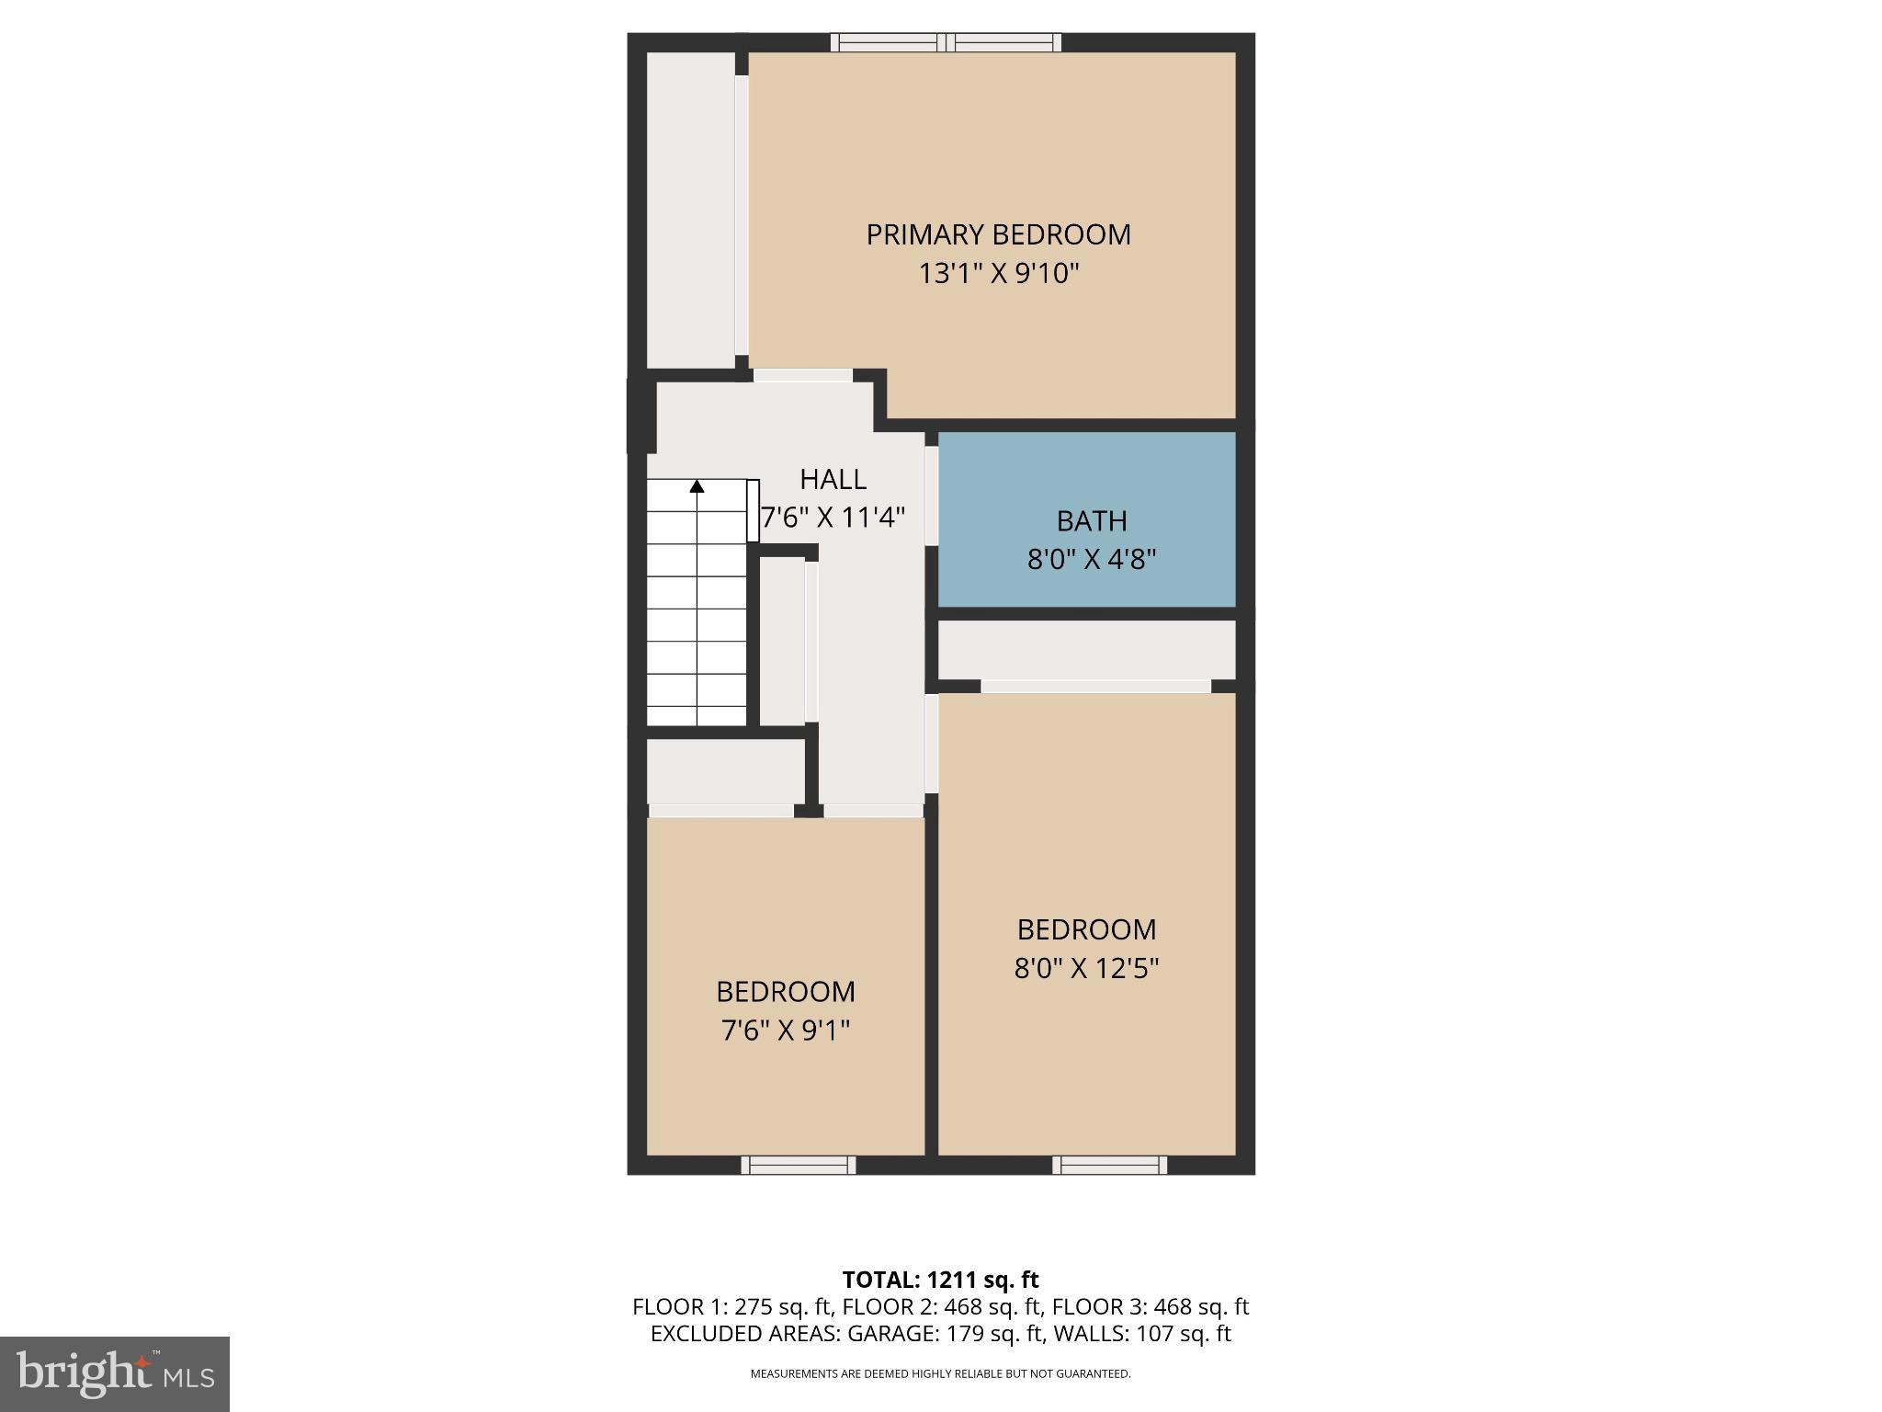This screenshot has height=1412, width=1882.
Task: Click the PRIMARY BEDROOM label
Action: [x=998, y=234]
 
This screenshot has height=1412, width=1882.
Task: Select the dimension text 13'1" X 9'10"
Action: [x=998, y=274]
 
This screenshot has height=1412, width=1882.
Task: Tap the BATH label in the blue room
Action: [x=1091, y=521]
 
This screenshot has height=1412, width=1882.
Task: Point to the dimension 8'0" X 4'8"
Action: [x=1091, y=559]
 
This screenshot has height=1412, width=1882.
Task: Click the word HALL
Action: [x=833, y=479]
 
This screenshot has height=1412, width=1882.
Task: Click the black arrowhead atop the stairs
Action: [x=697, y=486]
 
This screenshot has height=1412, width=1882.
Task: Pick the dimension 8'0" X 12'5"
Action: [x=1086, y=968]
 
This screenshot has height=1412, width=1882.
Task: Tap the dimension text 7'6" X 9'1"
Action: [x=786, y=1031]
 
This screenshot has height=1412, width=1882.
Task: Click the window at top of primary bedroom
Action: [x=947, y=42]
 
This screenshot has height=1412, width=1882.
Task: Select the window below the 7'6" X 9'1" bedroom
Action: [x=799, y=1165]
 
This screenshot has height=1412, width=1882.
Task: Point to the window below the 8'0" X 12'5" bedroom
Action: [x=1109, y=1165]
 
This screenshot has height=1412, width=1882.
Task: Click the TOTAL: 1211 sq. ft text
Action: [x=940, y=1280]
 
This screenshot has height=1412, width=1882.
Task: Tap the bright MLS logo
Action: [x=114, y=1373]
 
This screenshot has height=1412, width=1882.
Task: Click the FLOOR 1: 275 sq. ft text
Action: [x=731, y=1306]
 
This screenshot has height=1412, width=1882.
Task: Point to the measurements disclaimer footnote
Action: [x=940, y=1373]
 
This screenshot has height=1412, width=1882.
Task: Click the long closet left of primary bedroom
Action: [x=690, y=210]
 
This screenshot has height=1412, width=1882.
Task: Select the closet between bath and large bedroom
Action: [x=1086, y=649]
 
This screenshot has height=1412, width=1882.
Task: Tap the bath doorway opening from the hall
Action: [x=931, y=495]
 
